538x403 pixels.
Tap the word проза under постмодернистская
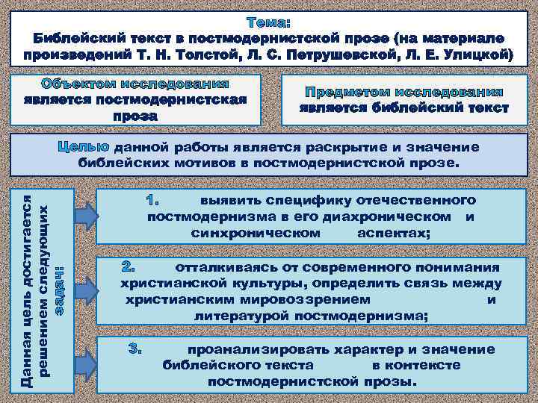click(x=135, y=116)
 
